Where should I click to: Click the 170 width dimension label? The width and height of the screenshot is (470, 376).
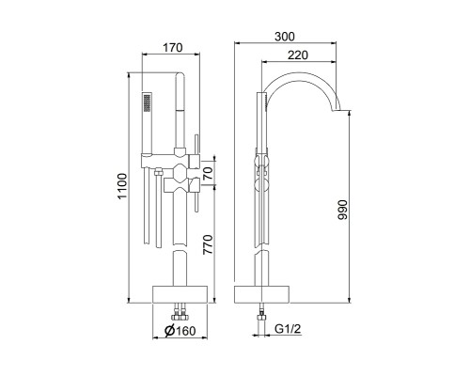(x=172, y=48)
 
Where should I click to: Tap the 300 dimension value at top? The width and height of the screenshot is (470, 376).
(x=285, y=37)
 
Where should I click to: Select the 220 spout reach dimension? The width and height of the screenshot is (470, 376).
(x=298, y=55)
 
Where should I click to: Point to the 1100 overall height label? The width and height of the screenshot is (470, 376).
(x=122, y=186)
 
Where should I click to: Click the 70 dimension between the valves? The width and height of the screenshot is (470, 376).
(x=208, y=173)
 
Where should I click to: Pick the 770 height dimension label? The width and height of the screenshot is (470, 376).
(x=208, y=244)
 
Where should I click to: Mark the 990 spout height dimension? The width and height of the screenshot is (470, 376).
(x=343, y=210)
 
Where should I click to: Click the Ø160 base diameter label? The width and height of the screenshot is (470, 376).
(x=180, y=331)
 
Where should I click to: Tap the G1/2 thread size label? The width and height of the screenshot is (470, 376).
(x=288, y=329)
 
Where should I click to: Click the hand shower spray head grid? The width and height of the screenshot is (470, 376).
(x=147, y=102)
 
